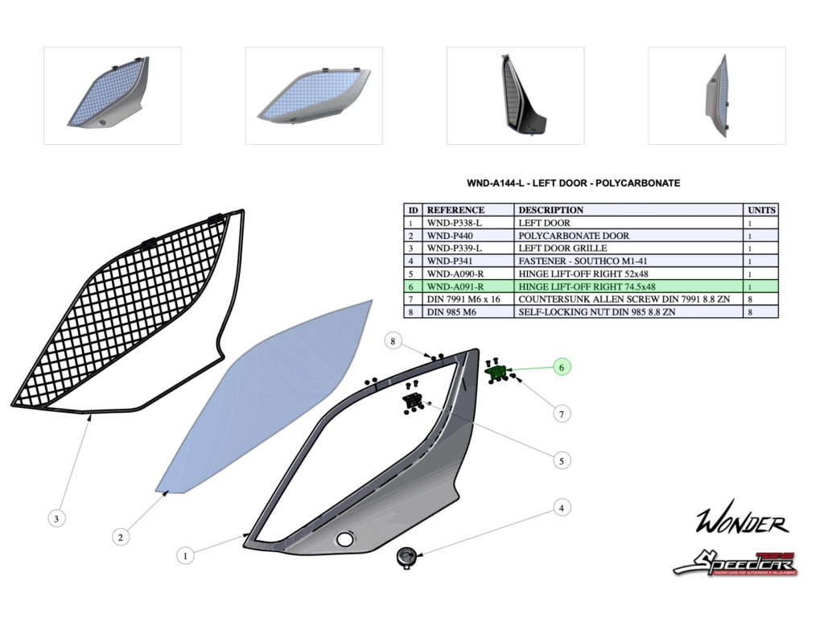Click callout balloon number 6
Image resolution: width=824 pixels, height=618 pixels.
[x=562, y=367]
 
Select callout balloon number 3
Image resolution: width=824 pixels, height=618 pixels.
[x=56, y=519]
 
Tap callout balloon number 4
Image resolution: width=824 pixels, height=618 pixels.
[x=562, y=508]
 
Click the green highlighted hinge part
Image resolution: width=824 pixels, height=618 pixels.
[x=496, y=372]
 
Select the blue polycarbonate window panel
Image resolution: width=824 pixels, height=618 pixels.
[x=266, y=394]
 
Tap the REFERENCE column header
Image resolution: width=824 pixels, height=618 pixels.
[x=455, y=210]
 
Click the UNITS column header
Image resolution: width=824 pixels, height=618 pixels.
[x=761, y=210]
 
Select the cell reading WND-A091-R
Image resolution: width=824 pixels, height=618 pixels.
[x=455, y=286]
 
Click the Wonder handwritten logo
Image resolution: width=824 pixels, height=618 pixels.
[x=741, y=522]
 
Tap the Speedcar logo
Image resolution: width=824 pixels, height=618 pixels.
[x=735, y=562]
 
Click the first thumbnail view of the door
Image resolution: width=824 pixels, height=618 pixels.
[x=112, y=95]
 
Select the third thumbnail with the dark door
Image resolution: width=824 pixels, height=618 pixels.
[x=515, y=95]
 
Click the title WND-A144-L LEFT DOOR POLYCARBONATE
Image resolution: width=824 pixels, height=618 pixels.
[x=573, y=183]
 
